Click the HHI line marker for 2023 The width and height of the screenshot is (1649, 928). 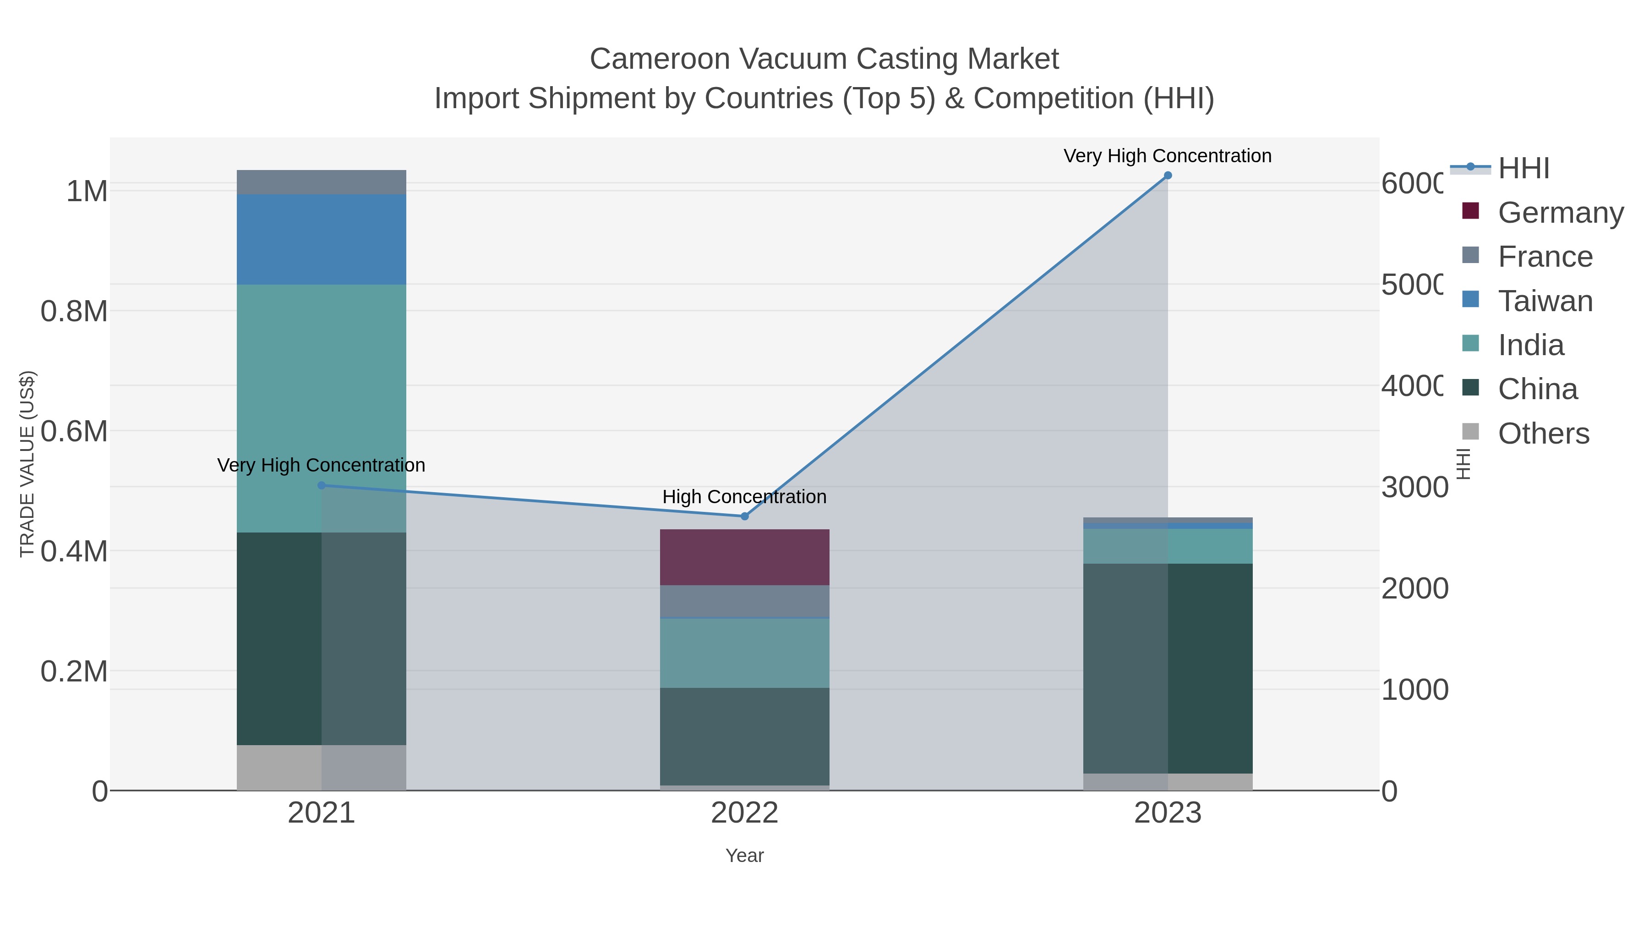pos(1168,176)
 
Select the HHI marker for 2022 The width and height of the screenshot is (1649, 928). pos(744,516)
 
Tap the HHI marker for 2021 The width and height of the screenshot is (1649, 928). pos(322,485)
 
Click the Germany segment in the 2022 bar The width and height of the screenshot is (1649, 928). pos(744,557)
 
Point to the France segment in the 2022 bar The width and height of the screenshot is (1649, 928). pos(744,601)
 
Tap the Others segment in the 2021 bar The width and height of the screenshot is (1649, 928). pos(322,767)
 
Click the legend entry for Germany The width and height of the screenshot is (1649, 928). pos(1560,213)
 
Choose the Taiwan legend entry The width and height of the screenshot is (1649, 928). pos(1545,301)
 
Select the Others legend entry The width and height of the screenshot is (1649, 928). pos(1543,434)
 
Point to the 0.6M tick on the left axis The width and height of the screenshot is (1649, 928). pos(74,432)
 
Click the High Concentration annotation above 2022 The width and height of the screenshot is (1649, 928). pos(744,497)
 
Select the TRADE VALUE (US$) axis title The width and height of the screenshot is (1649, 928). pos(27,464)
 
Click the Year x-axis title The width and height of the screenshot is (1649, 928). pos(744,856)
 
